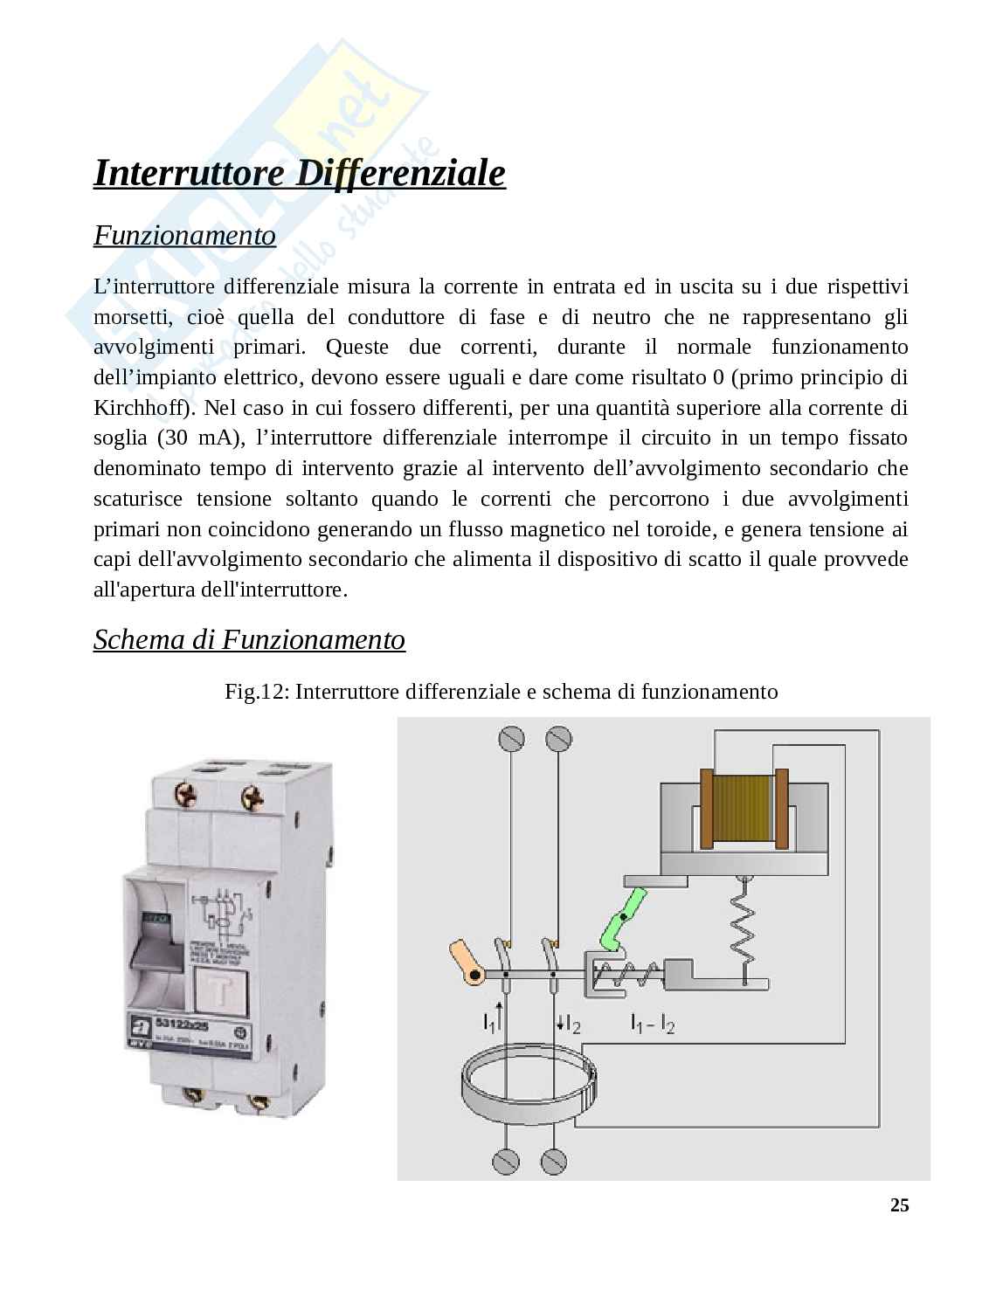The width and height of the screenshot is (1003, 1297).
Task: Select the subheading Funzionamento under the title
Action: (x=184, y=236)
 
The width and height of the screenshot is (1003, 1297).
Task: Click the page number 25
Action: (x=899, y=1205)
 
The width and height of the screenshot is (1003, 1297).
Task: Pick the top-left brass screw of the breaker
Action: (x=186, y=794)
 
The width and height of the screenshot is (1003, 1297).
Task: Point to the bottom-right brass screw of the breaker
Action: (x=258, y=1101)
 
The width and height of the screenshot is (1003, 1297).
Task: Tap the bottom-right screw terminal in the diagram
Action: (x=553, y=1161)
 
